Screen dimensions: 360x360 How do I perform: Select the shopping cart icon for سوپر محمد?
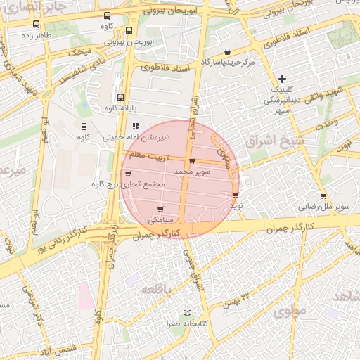[x=192, y=161]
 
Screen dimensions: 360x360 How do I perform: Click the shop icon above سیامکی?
[x=161, y=210]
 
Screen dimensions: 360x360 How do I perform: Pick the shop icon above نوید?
[x=236, y=195]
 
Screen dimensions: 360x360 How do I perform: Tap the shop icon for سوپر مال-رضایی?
[x=323, y=196]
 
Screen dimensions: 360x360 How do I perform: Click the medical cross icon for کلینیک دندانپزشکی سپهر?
[x=283, y=79]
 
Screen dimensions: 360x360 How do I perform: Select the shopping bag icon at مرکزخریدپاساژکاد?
[x=228, y=52]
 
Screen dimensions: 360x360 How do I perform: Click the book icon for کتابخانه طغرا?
[x=186, y=313]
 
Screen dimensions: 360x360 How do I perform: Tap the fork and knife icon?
[x=135, y=127]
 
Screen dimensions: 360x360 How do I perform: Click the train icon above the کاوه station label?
[x=84, y=127]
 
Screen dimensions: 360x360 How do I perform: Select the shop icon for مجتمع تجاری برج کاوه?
[x=127, y=174]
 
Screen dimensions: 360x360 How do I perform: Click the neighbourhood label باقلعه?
[x=156, y=289]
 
